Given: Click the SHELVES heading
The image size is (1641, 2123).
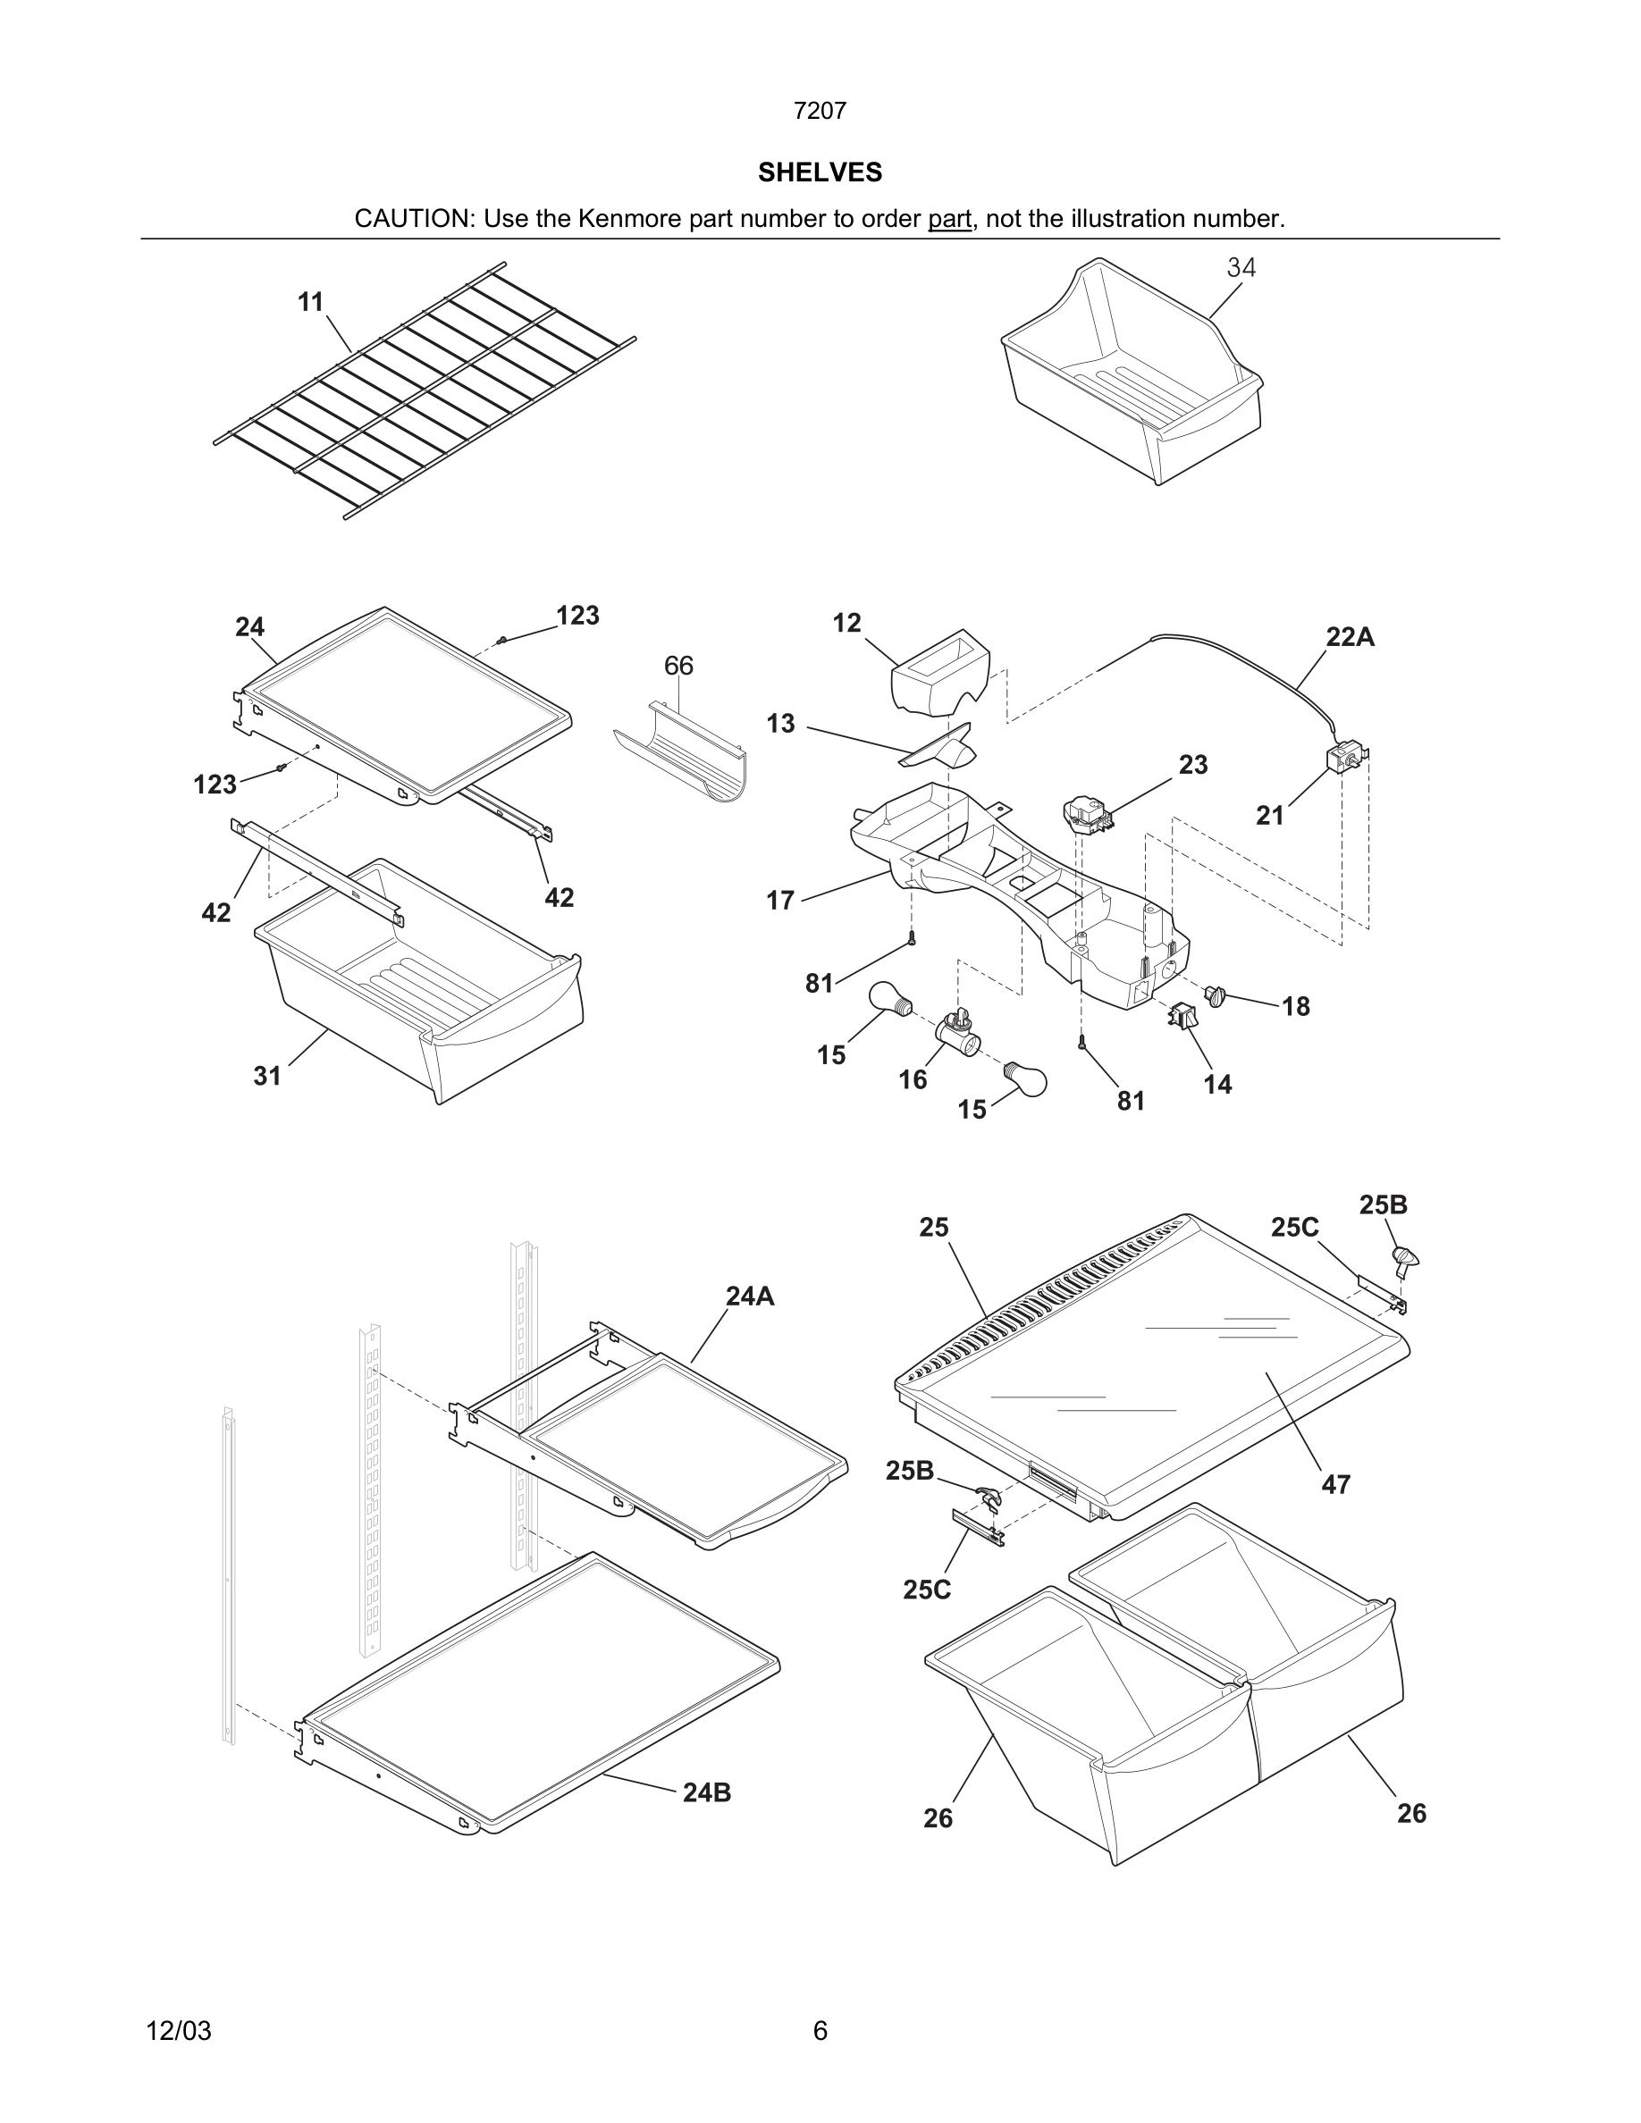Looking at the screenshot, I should click(x=820, y=172).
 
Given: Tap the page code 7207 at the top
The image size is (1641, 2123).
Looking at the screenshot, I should click(x=820, y=111).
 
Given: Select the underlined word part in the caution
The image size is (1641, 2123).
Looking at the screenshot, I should click(x=949, y=219).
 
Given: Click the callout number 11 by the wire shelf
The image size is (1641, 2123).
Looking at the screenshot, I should click(x=310, y=302).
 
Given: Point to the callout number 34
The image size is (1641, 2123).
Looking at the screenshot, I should click(x=1241, y=267).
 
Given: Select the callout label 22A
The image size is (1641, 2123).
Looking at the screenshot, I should click(x=1350, y=637).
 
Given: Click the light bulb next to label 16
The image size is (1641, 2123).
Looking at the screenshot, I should click(x=1026, y=1079).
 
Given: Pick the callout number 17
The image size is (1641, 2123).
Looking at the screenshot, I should click(x=779, y=900).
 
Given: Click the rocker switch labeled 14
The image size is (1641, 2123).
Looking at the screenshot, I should click(x=1183, y=1017).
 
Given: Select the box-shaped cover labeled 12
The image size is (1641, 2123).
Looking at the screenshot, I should click(x=939, y=671).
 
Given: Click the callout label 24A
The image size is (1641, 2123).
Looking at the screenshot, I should click(x=750, y=1296).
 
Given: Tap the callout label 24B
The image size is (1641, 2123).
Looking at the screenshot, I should click(x=706, y=1792).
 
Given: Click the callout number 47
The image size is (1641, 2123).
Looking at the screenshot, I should click(x=1335, y=1484).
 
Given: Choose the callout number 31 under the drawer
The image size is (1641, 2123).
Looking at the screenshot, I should click(x=267, y=1075).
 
